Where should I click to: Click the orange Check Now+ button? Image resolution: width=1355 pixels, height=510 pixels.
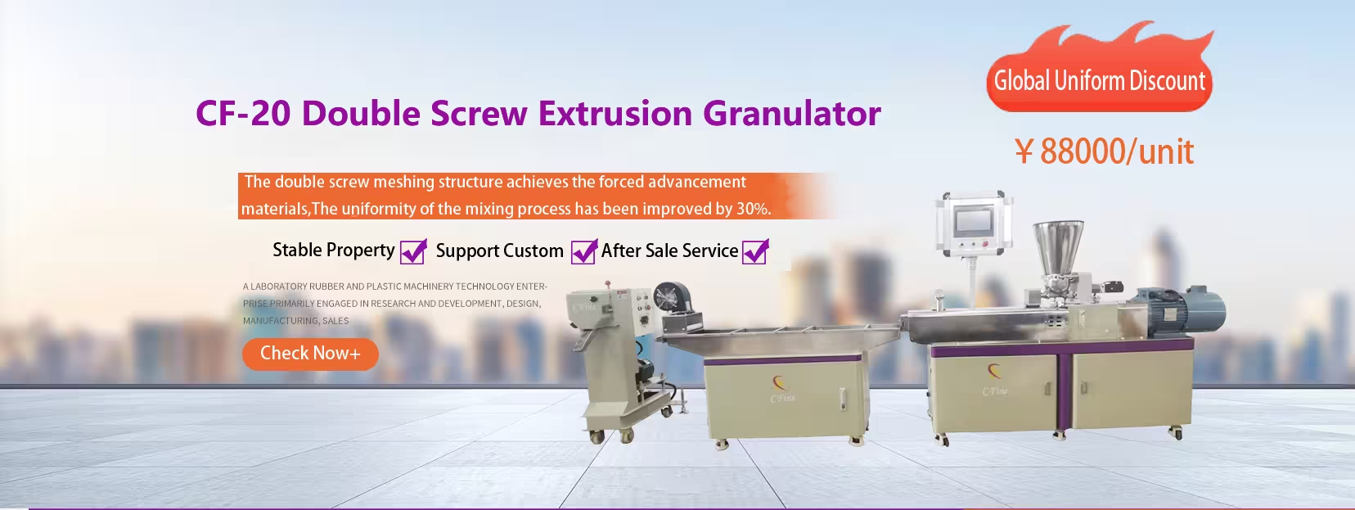tap(309, 354)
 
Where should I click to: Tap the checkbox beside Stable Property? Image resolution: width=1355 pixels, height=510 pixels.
tap(412, 251)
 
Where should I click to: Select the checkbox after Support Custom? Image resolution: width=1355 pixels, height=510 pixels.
tap(583, 251)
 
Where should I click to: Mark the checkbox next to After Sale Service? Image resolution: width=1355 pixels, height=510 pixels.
tap(754, 251)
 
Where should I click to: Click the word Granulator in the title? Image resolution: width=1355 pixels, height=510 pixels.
tap(791, 113)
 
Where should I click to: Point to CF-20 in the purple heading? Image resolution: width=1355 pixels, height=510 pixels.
tap(243, 113)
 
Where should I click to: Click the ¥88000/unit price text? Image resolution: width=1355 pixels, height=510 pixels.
tap(1104, 151)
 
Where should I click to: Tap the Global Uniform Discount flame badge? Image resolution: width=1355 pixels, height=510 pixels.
tap(1099, 80)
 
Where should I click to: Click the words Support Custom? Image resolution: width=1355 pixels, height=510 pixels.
tap(499, 250)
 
